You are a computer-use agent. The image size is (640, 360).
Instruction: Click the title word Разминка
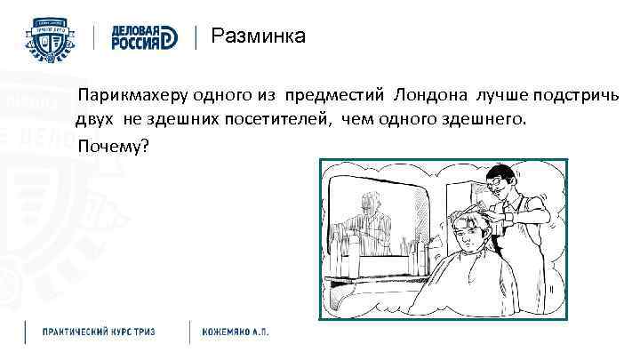[x=258, y=36]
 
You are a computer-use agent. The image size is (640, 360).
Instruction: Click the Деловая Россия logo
[x=145, y=37]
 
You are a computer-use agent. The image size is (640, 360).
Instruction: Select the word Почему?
[x=113, y=146]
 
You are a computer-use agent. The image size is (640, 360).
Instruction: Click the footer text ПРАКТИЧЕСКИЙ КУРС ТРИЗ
[x=99, y=332]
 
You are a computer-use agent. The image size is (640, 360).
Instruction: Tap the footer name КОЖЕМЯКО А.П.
[x=235, y=332]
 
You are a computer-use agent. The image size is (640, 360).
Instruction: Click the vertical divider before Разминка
[x=196, y=37]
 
